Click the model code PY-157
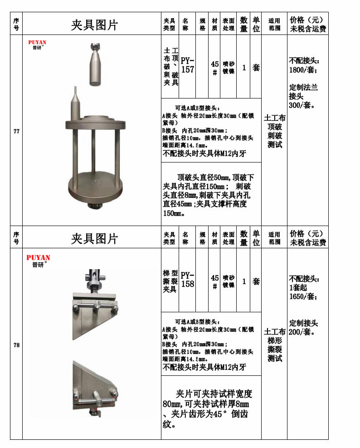[187, 65]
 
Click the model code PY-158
[187, 280]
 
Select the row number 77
[16, 132]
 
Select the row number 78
[16, 345]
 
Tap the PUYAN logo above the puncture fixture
[37, 44]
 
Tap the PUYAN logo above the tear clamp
[39, 260]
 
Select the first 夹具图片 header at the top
[94, 25]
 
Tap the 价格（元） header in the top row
[307, 20]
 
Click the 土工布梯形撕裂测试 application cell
[274, 345]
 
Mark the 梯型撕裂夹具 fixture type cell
[170, 281]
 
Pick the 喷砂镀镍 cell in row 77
[229, 68]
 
